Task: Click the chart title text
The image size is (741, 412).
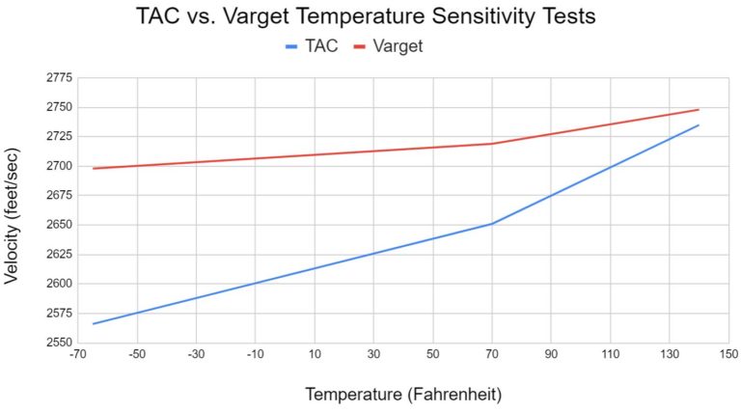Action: (x=370, y=16)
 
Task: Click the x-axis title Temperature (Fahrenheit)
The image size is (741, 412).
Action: (x=403, y=394)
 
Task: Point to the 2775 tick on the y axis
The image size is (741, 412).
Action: (x=60, y=77)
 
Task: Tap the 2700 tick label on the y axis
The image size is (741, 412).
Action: (x=60, y=166)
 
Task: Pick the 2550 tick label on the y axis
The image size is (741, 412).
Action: (x=60, y=343)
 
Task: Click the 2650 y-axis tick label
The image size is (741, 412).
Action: (x=60, y=225)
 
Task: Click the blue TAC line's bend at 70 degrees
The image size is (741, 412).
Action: (x=492, y=224)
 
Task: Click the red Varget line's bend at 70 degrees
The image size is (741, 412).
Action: (x=492, y=144)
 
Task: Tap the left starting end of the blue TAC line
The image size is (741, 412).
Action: (x=94, y=323)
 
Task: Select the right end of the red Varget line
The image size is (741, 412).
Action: (x=699, y=109)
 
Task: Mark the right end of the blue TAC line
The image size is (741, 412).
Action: (x=699, y=124)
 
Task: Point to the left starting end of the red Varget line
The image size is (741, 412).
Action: (x=94, y=168)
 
